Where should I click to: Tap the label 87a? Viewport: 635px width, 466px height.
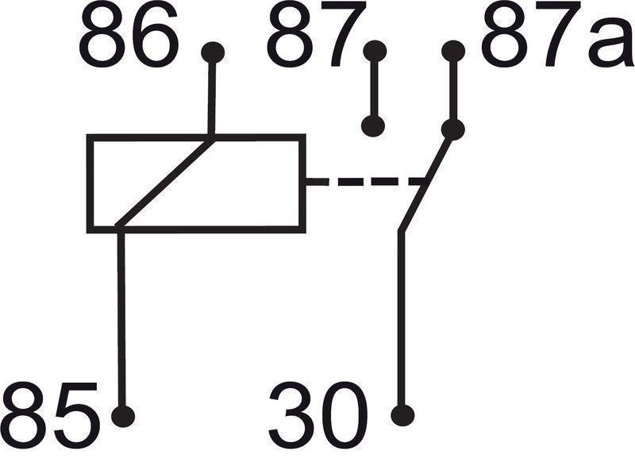558,35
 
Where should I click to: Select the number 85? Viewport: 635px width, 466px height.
51,414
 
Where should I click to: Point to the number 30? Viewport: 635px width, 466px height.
319,414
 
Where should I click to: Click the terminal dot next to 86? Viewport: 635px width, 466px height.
213,52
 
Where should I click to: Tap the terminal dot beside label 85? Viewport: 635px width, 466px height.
123,415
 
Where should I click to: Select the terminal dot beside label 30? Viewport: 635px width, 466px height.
402,415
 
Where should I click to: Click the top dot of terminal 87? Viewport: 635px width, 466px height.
375,52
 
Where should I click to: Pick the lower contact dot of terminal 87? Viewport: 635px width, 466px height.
373,125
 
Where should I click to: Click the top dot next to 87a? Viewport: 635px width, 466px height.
453,52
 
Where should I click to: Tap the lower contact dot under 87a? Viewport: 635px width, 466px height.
452,129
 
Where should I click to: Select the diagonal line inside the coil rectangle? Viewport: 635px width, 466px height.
165,182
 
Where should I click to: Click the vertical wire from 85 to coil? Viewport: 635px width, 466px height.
121,319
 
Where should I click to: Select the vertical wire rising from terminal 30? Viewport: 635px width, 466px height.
402,319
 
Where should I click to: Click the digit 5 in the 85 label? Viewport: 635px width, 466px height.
77,415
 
